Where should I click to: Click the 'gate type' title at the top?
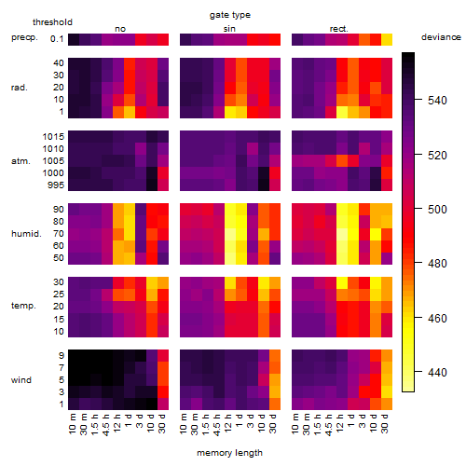[230, 15]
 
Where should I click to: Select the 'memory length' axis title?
[229, 453]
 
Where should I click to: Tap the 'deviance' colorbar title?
[441, 37]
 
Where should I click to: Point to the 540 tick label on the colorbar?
[437, 101]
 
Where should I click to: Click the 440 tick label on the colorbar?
[437, 372]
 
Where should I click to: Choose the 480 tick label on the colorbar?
[437, 264]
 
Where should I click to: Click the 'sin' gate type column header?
[229, 29]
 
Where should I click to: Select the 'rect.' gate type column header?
[338, 29]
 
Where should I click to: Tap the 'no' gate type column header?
[120, 29]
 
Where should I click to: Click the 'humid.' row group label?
[26, 234]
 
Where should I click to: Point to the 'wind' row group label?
[21, 380]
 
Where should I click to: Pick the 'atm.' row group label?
[21, 161]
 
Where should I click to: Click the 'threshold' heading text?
[52, 22]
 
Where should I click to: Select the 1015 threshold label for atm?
[53, 137]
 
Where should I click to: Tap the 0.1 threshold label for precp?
[57, 39]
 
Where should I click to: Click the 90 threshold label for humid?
[59, 210]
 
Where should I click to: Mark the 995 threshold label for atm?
[56, 185]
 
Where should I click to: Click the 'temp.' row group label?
[23, 306]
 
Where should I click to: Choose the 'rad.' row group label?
[20, 88]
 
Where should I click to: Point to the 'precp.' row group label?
[24, 38]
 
